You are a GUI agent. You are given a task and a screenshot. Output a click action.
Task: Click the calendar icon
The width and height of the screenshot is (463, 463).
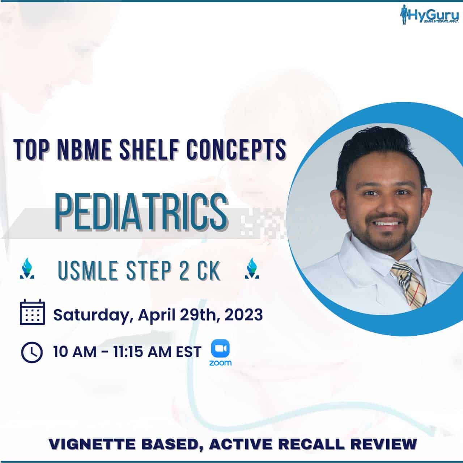[32, 312]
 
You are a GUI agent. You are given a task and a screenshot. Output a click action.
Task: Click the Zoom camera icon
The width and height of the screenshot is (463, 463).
[220, 348]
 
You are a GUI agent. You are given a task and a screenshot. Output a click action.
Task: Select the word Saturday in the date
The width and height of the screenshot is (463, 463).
[91, 315]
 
